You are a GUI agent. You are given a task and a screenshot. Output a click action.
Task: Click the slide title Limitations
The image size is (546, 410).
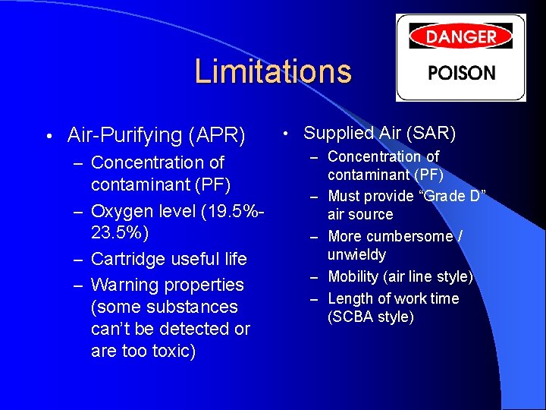point(273,71)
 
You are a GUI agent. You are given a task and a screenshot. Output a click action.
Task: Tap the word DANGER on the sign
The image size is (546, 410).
point(460,36)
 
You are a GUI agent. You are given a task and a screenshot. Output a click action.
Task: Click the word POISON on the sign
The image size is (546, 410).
point(461,74)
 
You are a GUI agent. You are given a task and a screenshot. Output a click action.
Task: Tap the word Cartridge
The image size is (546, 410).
point(127,259)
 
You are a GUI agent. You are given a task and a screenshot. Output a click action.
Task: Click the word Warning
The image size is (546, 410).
point(122,285)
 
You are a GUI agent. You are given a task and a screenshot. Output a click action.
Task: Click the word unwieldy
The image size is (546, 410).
point(356,254)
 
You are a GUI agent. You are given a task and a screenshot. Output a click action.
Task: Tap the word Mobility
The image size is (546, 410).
point(355,276)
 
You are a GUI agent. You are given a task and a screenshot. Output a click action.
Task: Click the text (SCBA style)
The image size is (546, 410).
point(371,317)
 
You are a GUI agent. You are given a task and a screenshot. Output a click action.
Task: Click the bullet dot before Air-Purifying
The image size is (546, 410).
point(47,137)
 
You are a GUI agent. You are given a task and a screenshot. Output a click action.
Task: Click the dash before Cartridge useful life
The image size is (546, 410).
point(78,260)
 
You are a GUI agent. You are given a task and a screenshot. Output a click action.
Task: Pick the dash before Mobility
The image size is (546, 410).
point(314,277)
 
